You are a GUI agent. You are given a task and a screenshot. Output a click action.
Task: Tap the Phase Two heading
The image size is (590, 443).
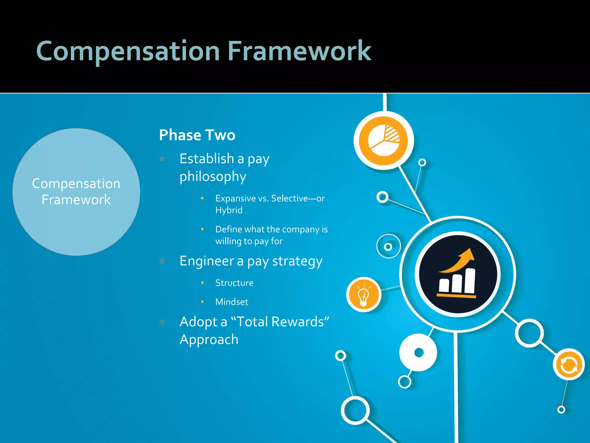click(197, 135)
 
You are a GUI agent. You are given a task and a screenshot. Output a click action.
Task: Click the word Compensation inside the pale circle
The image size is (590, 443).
click(76, 184)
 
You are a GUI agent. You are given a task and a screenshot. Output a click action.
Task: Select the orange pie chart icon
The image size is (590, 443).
click(384, 140)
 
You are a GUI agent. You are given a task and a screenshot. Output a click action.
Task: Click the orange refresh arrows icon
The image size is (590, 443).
click(569, 365)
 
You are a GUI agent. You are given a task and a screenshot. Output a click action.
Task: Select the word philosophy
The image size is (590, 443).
click(213, 177)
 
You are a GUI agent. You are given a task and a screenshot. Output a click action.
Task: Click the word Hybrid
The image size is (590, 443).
click(229, 210)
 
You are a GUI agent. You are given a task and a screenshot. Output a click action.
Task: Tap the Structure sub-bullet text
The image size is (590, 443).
click(234, 283)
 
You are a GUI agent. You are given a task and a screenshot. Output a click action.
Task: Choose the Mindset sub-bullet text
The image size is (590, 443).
click(232, 302)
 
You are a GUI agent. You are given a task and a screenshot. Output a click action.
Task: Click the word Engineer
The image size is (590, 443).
click(206, 261)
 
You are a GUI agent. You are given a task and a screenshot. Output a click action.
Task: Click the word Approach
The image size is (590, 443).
click(209, 339)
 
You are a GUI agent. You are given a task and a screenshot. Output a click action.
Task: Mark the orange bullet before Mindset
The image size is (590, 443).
click(202, 302)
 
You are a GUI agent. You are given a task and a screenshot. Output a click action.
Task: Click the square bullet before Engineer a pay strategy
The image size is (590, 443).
click(162, 261)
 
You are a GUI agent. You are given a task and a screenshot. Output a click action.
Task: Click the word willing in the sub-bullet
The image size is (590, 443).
click(228, 241)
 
